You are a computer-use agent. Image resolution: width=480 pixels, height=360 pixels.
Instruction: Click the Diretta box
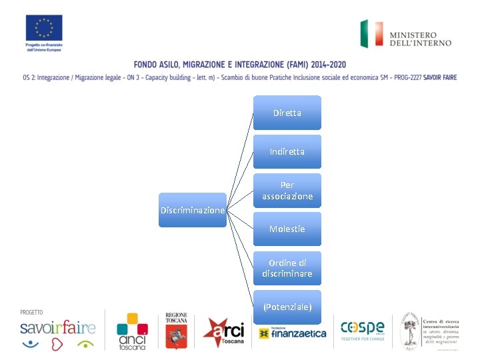(x=287, y=113)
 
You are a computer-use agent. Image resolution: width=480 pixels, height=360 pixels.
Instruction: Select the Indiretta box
(x=287, y=151)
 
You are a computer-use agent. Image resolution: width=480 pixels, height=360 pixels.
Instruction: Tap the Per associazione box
(x=287, y=191)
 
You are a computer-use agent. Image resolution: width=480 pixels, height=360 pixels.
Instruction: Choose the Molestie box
(x=287, y=229)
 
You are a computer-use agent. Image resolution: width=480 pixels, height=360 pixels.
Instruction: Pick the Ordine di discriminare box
(x=287, y=268)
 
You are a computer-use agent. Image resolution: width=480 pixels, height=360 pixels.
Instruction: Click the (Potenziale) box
(x=287, y=307)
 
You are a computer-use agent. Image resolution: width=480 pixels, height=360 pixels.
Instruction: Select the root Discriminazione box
(x=193, y=210)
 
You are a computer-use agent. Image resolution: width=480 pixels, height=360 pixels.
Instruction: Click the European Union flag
(x=44, y=28)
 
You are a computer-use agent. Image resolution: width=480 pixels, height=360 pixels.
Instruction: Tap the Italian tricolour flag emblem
(x=371, y=33)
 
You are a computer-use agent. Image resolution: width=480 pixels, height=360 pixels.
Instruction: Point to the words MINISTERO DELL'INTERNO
(x=420, y=39)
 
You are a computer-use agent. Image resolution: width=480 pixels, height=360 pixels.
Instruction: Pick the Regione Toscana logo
(x=177, y=331)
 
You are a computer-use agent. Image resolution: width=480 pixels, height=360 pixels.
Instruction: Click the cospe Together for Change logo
(x=363, y=329)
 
